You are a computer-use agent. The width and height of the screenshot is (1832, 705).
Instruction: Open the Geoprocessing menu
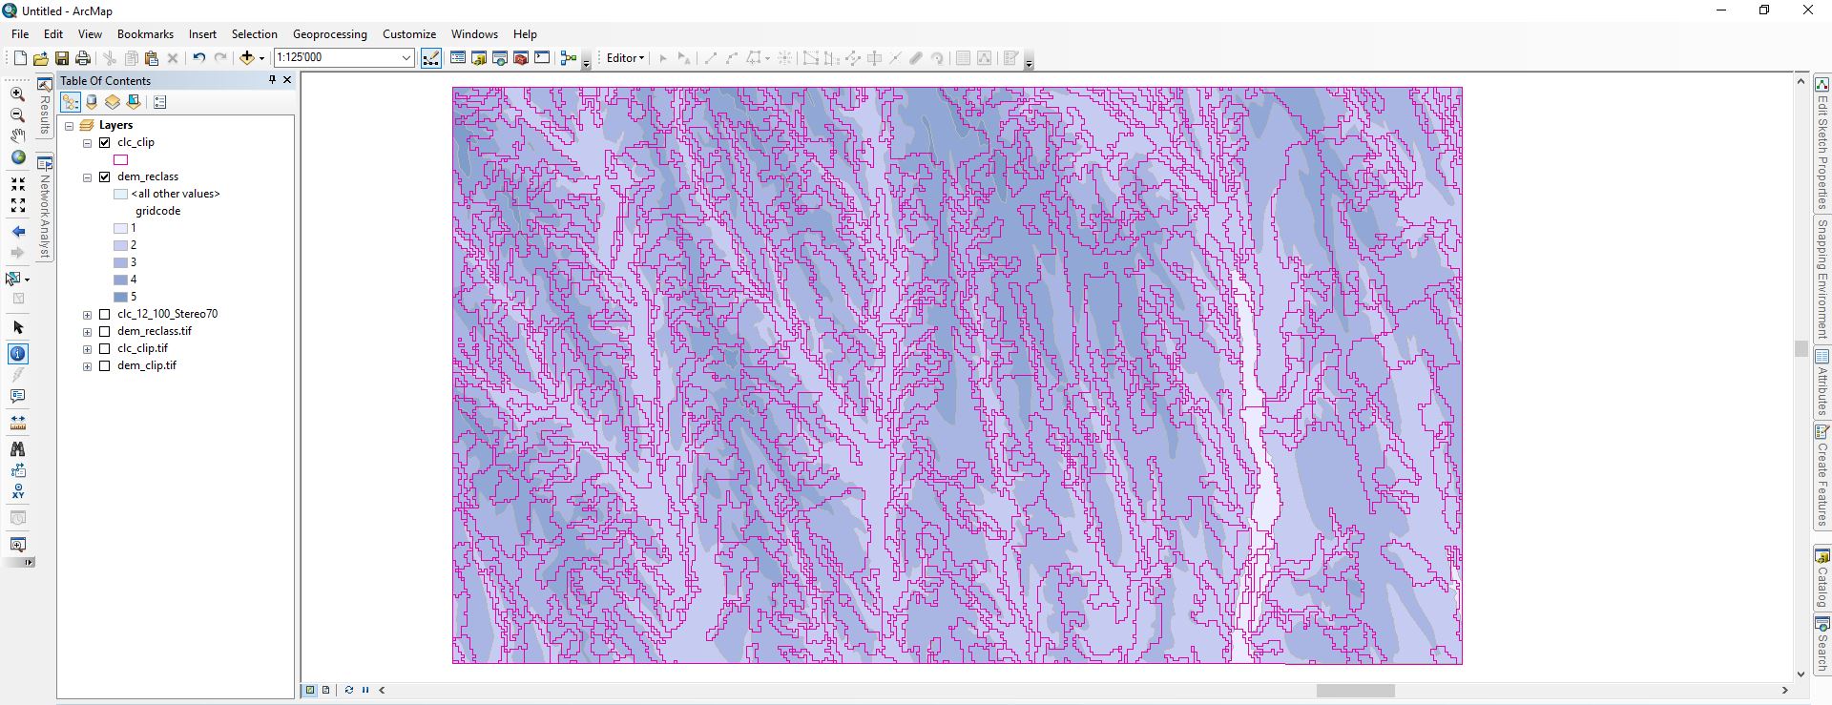(329, 34)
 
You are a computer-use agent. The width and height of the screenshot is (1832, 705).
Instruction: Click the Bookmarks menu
(145, 34)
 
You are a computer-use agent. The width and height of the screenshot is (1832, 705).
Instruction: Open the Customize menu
(408, 34)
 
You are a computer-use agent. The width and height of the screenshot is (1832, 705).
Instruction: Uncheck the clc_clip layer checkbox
(105, 142)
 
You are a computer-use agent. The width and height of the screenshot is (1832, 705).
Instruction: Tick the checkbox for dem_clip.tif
(105, 365)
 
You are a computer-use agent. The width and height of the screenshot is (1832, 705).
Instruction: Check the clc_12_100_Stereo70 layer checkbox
(105, 314)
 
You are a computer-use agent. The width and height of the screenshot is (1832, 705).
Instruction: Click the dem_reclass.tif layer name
(154, 331)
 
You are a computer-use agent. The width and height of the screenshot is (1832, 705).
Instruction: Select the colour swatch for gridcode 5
(121, 297)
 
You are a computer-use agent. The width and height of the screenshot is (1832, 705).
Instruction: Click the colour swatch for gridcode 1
(121, 228)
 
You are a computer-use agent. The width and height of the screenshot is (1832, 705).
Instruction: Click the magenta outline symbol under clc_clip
(121, 159)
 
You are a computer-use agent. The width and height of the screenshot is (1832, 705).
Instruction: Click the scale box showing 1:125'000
(338, 57)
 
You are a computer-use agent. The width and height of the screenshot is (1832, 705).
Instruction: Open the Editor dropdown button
(625, 58)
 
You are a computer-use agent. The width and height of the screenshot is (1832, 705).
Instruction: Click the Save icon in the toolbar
(62, 58)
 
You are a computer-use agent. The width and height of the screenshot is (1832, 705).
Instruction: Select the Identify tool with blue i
(18, 354)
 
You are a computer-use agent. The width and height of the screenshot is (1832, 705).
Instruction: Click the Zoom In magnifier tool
(18, 94)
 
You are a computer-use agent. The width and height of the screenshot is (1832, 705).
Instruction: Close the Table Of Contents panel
(287, 80)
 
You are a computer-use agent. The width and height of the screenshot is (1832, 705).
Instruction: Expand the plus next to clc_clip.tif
(88, 348)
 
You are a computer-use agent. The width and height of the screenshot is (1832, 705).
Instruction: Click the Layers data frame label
(115, 125)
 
